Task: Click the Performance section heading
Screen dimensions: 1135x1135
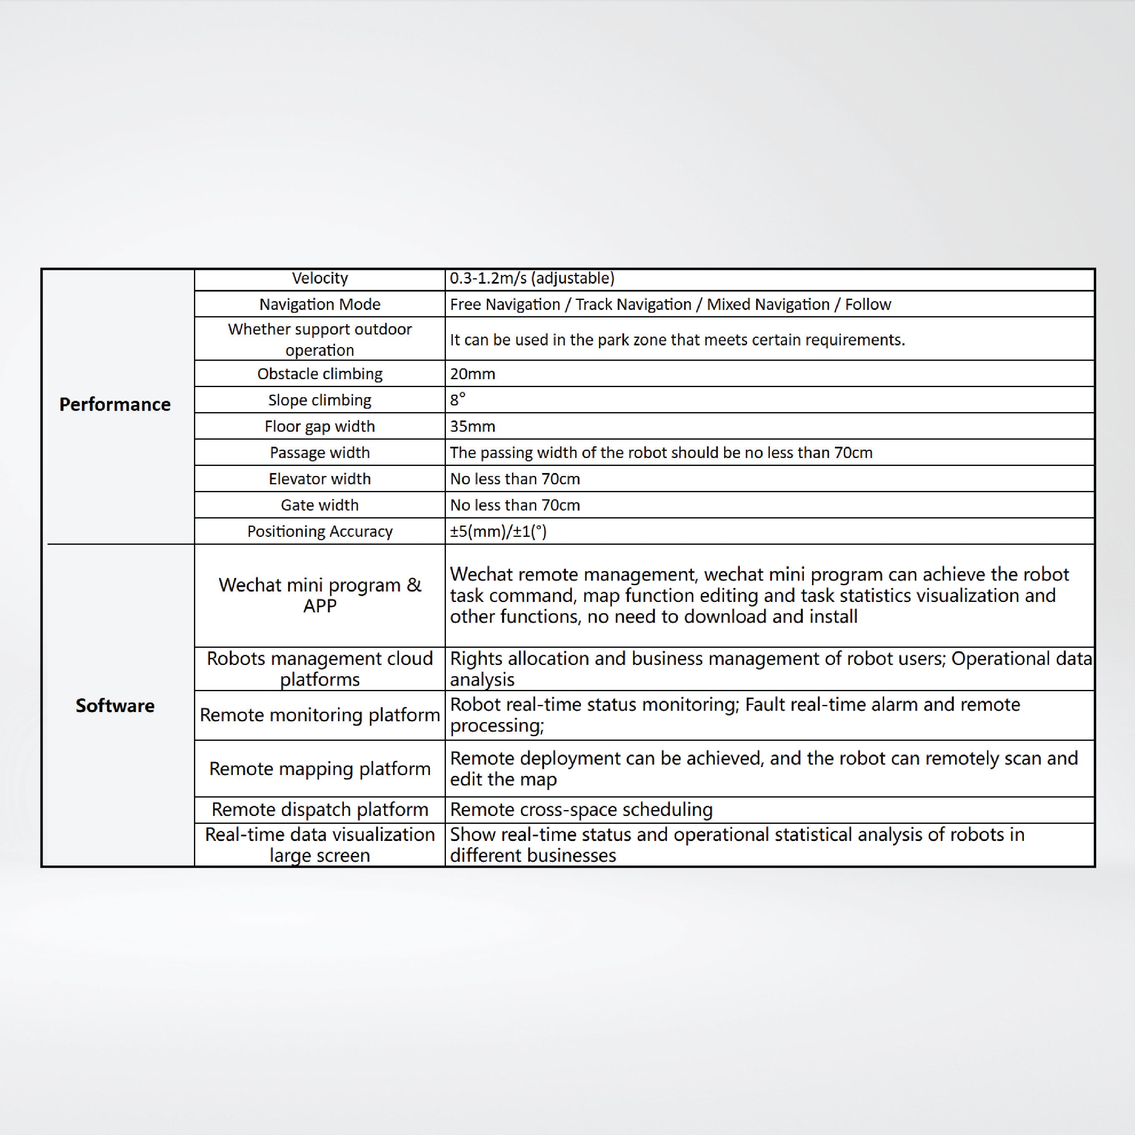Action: pyautogui.click(x=115, y=404)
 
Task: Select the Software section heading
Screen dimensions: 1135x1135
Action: pyautogui.click(x=115, y=705)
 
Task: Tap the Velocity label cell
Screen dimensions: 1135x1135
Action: pyautogui.click(x=320, y=279)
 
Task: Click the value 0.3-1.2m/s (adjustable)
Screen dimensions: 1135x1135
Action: pyautogui.click(x=532, y=279)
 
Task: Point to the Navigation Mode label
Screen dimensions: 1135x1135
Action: pyautogui.click(x=320, y=305)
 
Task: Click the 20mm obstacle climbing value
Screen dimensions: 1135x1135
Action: pyautogui.click(x=472, y=374)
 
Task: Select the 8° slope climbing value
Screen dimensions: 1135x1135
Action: pyautogui.click(x=457, y=400)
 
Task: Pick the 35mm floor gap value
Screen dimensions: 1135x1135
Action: pyautogui.click(x=472, y=426)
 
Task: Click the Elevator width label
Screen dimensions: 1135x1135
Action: pyautogui.click(x=320, y=479)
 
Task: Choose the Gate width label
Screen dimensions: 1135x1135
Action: pyautogui.click(x=320, y=505)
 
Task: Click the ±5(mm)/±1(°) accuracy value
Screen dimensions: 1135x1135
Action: pyautogui.click(x=498, y=532)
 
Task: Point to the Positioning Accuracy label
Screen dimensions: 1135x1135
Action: pyautogui.click(x=320, y=532)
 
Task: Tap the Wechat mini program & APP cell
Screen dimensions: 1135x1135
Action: pyautogui.click(x=320, y=595)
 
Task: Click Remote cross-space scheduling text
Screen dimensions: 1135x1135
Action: pyautogui.click(x=581, y=810)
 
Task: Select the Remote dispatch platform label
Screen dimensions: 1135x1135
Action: pyautogui.click(x=320, y=810)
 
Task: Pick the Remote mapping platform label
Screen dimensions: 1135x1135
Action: pyautogui.click(x=320, y=768)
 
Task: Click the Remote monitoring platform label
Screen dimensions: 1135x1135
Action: pyautogui.click(x=320, y=715)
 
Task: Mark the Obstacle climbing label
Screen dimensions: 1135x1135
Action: pyautogui.click(x=320, y=374)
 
